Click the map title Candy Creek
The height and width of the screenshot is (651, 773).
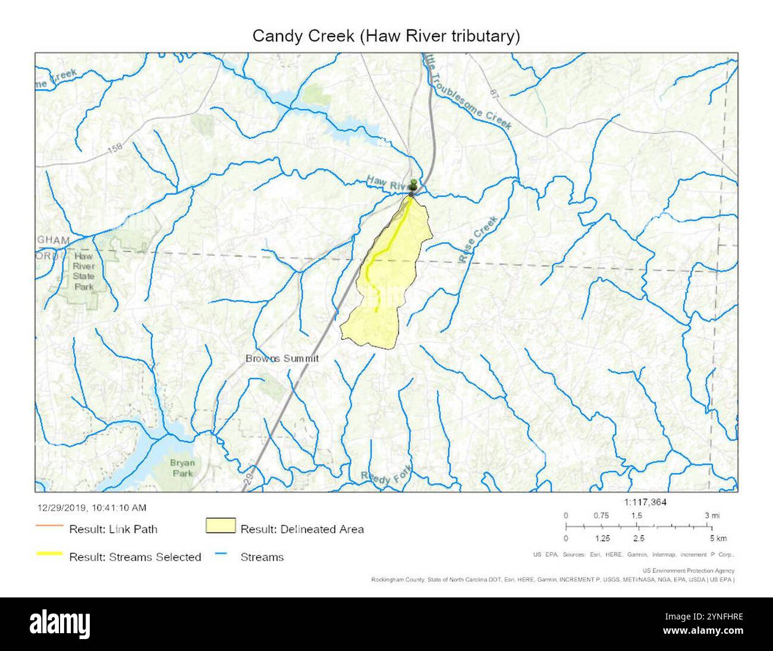[386, 36]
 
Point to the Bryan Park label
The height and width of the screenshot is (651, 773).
[182, 468]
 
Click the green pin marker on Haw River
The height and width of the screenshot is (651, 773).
[413, 185]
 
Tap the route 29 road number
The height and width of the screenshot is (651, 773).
[249, 480]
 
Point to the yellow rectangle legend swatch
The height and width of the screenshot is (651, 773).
[220, 526]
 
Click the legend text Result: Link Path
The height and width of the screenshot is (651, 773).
[113, 528]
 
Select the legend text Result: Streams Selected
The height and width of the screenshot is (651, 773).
[135, 557]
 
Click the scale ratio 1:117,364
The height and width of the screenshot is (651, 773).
[645, 502]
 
